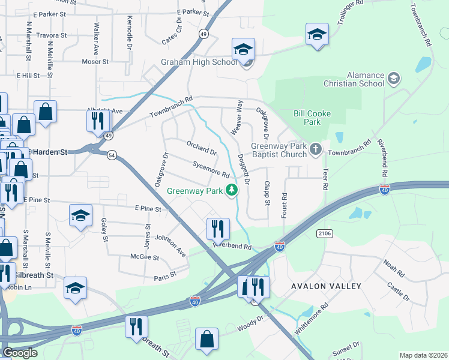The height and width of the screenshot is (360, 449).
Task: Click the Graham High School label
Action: click(199, 62)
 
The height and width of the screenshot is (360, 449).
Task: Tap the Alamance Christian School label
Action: click(364, 79)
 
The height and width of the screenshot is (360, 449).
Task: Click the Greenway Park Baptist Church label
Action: click(278, 149)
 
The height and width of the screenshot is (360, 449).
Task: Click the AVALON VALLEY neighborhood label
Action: click(326, 286)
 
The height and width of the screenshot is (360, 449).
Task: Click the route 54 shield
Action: click(112, 155)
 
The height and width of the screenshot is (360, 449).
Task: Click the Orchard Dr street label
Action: click(200, 147)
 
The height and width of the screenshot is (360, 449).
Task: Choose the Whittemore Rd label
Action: click(311, 317)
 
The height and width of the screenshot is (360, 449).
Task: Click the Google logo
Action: click(19, 353)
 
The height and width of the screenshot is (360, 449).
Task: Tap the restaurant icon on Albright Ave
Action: click(96, 121)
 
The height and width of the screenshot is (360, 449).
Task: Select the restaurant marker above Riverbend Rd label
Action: click(217, 228)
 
